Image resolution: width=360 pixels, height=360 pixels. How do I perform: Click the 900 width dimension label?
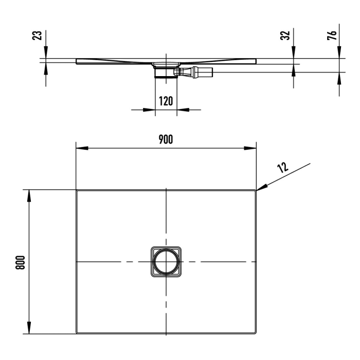(166, 139)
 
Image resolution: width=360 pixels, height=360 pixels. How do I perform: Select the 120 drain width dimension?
(166, 100)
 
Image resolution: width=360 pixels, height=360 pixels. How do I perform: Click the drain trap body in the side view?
(166, 71)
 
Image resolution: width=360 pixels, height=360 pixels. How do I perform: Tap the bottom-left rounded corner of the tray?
(78, 332)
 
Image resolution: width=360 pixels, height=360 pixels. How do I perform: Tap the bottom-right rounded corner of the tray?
(255, 332)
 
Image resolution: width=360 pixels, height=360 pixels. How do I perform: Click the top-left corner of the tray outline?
(78, 191)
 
